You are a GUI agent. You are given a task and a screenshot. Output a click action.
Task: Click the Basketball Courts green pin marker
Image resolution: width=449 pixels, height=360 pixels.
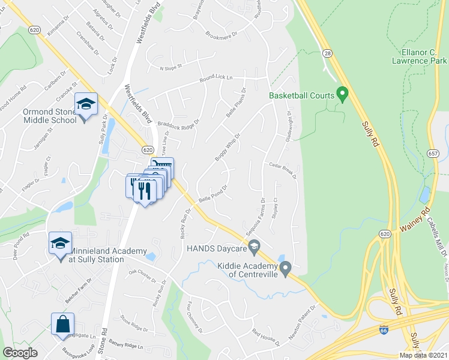[x=343, y=94]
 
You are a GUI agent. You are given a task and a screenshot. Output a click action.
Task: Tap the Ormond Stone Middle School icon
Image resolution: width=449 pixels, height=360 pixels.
[x=86, y=105]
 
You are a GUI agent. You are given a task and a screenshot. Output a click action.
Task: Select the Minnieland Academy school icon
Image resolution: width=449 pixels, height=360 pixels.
[x=60, y=244]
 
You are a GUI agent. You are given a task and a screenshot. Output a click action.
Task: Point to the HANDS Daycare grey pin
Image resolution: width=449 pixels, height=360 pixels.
[x=255, y=245]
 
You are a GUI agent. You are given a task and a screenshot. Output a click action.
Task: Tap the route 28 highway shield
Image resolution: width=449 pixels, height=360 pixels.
[x=328, y=53]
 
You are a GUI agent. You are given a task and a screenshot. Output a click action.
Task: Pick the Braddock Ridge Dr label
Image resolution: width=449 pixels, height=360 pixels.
[x=178, y=123]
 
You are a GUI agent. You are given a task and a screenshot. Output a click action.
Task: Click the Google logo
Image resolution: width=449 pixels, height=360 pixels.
[x=20, y=353]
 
